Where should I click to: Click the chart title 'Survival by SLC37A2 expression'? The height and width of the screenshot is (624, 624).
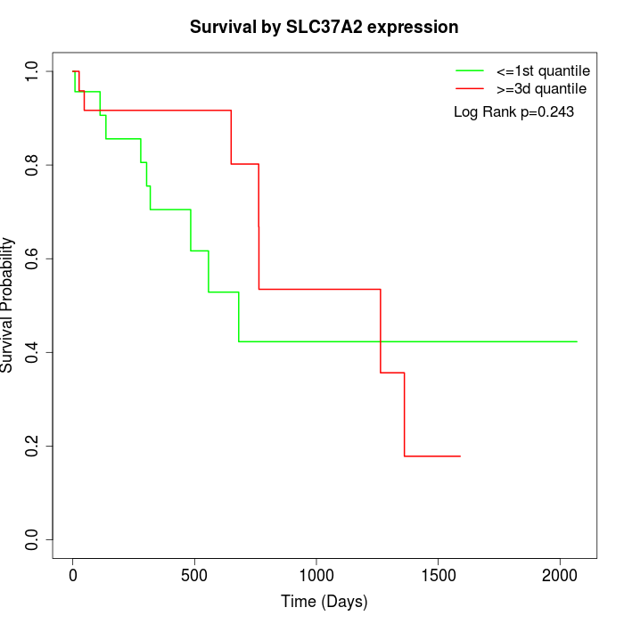[x=324, y=28]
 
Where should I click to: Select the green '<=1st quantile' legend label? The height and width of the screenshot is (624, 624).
[x=542, y=70]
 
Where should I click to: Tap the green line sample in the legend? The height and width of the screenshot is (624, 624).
[x=469, y=70]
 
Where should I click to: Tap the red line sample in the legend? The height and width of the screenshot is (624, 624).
[x=469, y=89]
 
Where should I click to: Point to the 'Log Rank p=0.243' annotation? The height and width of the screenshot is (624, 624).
[x=513, y=112]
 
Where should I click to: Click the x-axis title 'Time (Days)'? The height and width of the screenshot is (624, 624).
[x=324, y=602]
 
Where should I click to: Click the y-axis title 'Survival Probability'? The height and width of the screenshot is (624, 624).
[x=9, y=305]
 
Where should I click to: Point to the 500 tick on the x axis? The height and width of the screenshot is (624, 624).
[x=194, y=574]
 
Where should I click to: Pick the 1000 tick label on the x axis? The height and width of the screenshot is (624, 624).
[x=316, y=574]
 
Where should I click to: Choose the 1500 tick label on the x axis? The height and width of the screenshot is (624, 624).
[x=438, y=574]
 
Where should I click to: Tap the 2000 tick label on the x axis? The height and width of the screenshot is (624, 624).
[x=560, y=574]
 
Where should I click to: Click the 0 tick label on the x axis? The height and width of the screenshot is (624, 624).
[x=73, y=574]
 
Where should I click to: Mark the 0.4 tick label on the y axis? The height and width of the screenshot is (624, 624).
[x=34, y=352]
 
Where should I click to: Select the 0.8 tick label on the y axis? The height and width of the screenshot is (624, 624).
[x=34, y=165]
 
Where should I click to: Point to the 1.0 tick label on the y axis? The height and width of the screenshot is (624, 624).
[x=34, y=71]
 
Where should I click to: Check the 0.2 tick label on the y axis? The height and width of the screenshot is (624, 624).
[x=34, y=446]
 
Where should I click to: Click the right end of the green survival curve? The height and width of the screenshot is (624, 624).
[x=577, y=341]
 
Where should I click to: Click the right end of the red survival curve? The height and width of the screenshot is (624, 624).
[x=460, y=456]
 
